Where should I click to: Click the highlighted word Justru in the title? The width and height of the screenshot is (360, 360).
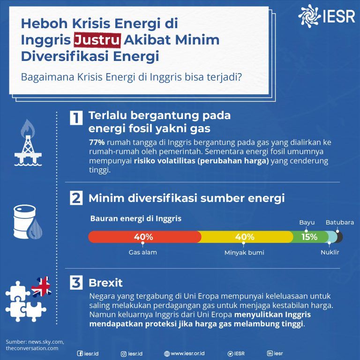click(x=97, y=40)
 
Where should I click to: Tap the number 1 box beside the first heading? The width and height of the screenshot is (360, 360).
click(x=76, y=118)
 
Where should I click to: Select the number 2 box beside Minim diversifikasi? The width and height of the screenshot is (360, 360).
click(x=76, y=198)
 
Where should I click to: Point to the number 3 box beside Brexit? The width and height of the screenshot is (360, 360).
click(x=76, y=283)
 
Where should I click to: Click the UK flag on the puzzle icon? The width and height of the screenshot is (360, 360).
click(x=42, y=286)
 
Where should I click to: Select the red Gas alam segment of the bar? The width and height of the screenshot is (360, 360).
click(x=143, y=237)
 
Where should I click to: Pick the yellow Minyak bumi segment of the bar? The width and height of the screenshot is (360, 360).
click(x=244, y=237)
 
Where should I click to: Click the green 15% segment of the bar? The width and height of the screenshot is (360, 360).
click(x=309, y=237)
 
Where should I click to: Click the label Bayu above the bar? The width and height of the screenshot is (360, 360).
click(x=307, y=222)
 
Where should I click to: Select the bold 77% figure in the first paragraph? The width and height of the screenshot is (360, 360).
click(x=97, y=142)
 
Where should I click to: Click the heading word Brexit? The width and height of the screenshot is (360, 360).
click(x=105, y=283)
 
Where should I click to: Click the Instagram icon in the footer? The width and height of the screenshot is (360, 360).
click(x=124, y=353)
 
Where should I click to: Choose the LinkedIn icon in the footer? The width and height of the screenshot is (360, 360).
click(x=270, y=353)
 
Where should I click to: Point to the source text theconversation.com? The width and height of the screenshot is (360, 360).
click(x=32, y=348)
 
